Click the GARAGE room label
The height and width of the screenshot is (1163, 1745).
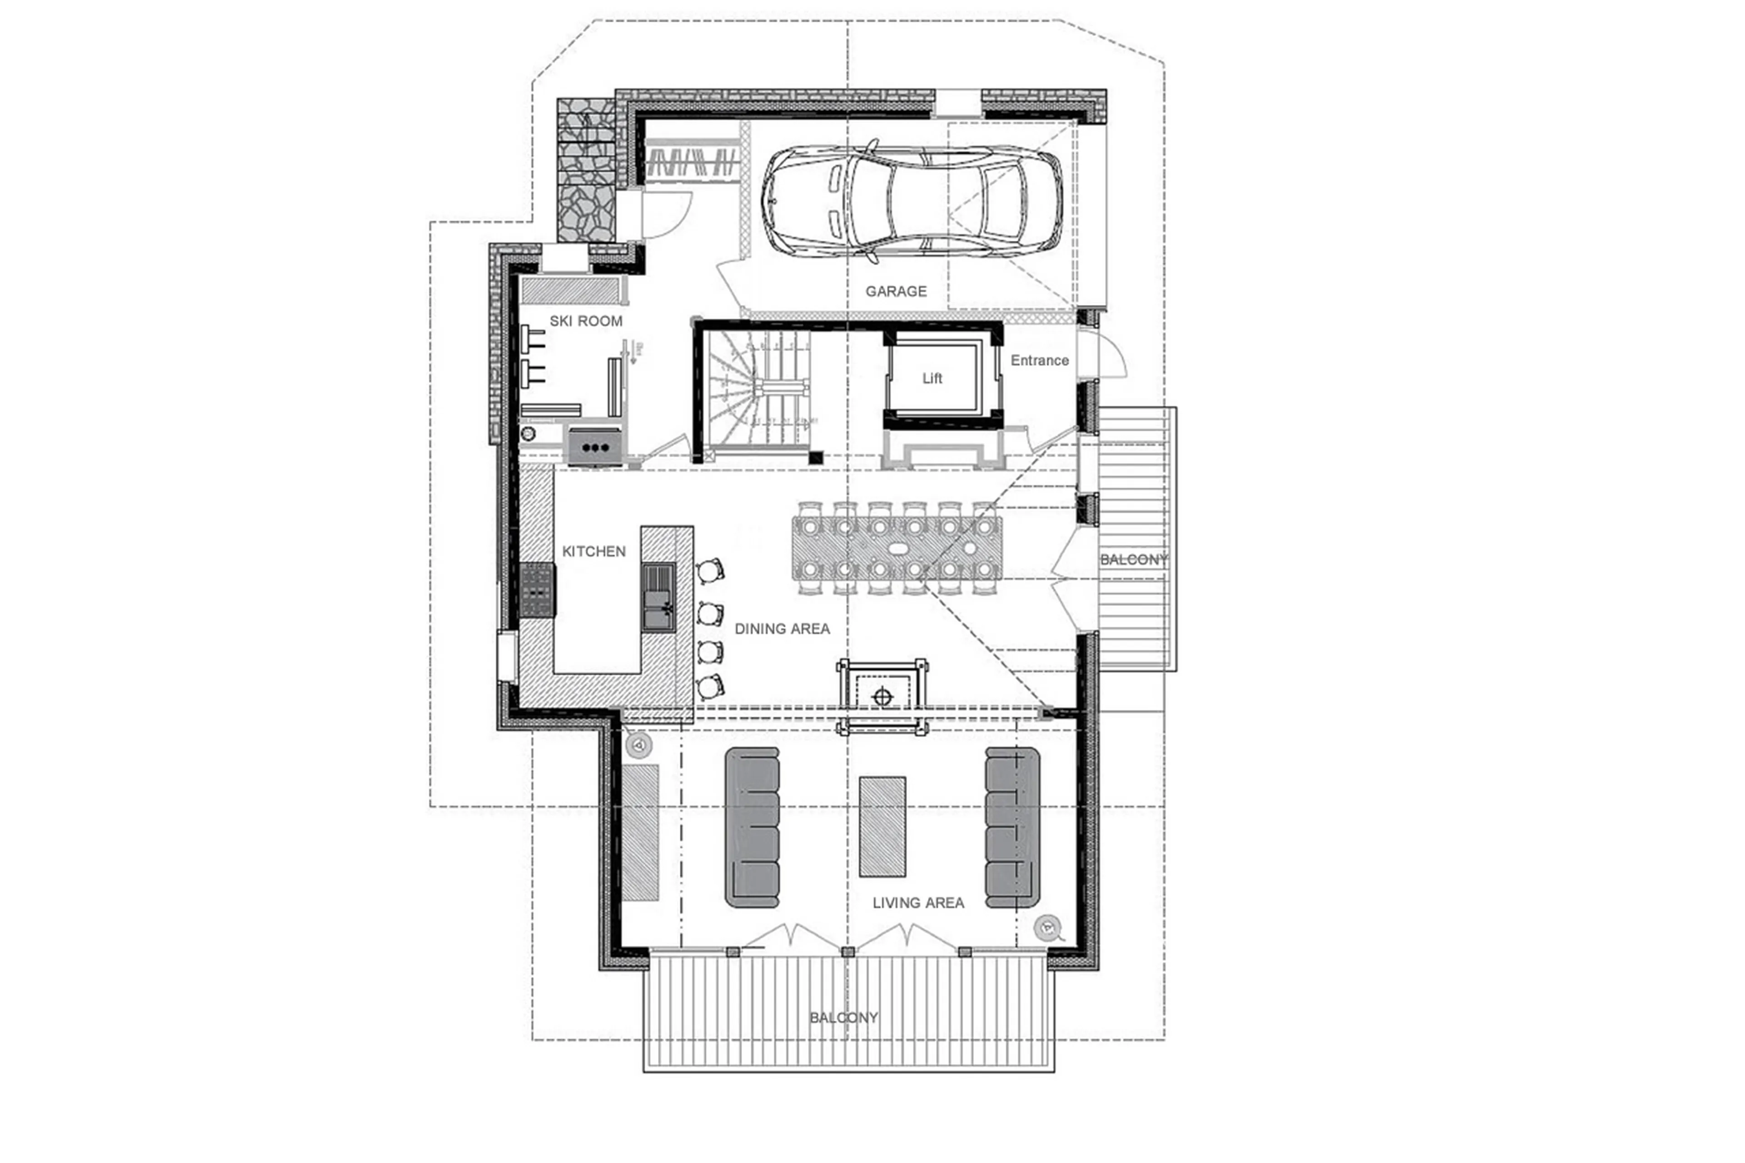[x=895, y=291]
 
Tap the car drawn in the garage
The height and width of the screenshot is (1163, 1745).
[x=912, y=200]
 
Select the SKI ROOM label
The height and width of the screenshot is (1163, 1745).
[x=585, y=321]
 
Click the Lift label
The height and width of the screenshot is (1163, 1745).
[x=932, y=378]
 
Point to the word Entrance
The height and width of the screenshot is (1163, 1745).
[x=1039, y=360]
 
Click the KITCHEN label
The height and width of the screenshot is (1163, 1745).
[x=593, y=551]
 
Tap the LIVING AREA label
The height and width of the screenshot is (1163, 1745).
[x=917, y=903]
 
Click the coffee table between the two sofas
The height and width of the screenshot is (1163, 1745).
[x=882, y=826]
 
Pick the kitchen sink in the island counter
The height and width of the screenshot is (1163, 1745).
[x=658, y=597]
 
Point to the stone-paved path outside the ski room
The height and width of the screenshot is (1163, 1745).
[x=586, y=170]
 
